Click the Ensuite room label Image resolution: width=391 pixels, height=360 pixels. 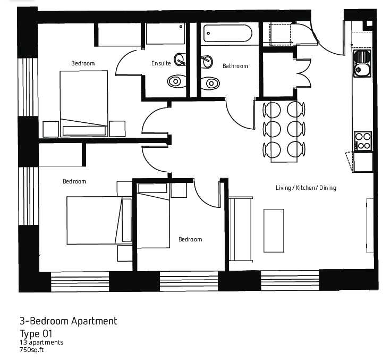click(x=161, y=63)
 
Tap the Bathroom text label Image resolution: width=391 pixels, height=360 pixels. click(x=235, y=66)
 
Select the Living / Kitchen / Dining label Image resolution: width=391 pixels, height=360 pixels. click(x=305, y=188)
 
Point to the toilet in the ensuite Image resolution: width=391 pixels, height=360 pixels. click(x=176, y=81)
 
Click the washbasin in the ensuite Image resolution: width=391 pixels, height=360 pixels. click(x=180, y=59)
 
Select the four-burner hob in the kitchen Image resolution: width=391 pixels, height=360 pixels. click(x=363, y=140)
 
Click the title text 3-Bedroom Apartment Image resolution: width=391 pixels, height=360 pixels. click(x=68, y=321)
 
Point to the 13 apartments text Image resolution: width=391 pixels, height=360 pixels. click(x=41, y=342)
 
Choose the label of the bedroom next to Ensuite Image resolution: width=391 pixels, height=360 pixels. click(x=83, y=63)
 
